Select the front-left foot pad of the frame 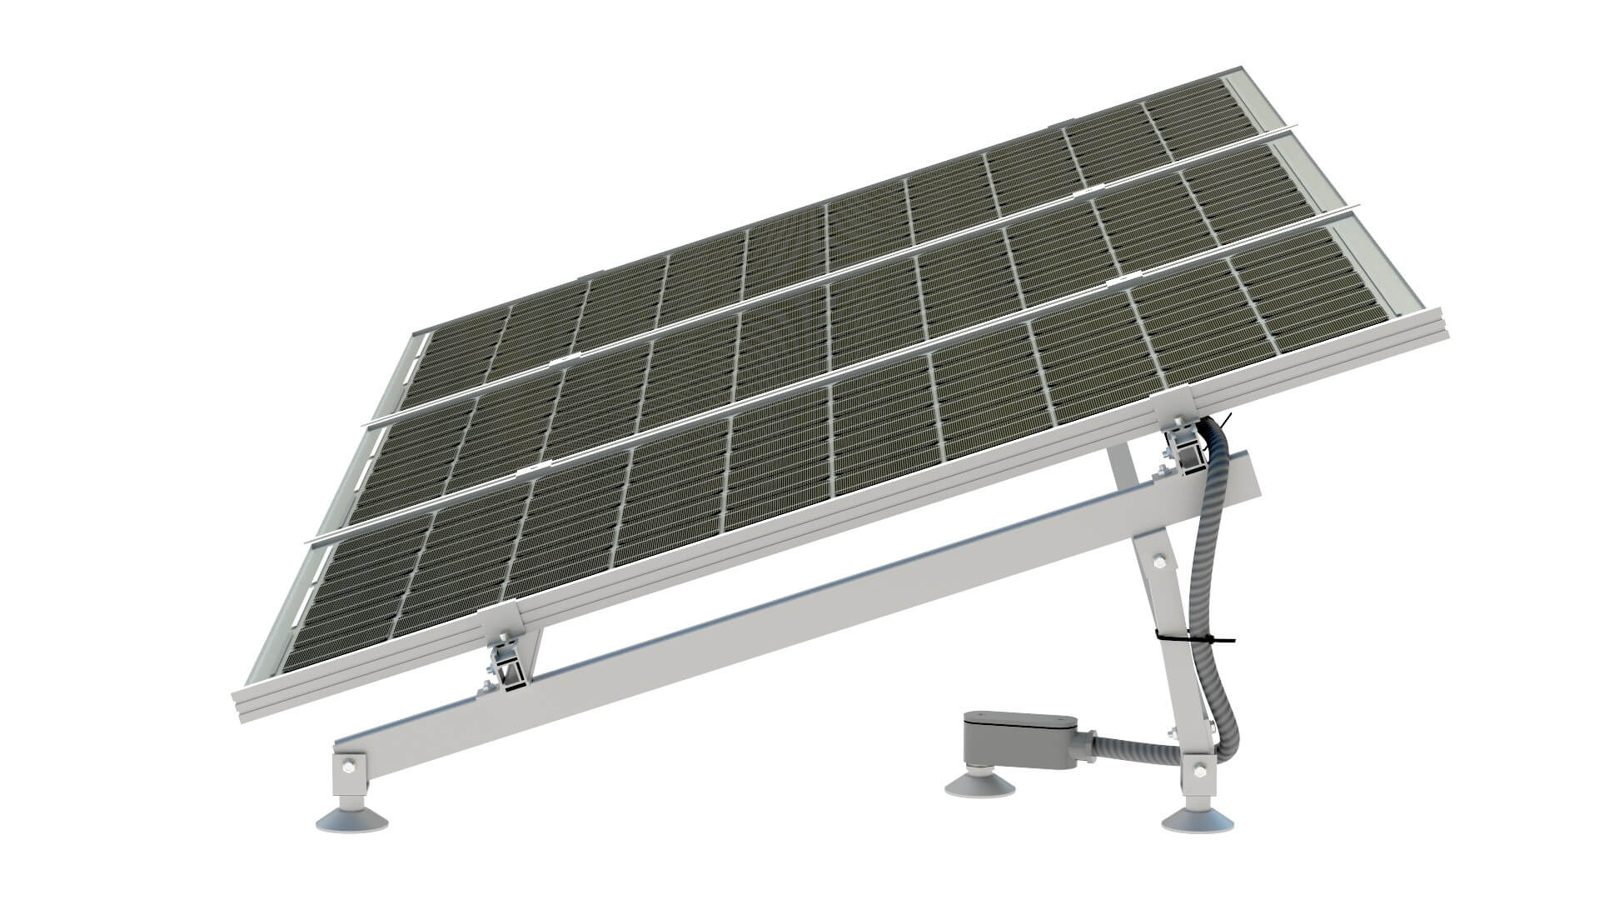[351, 820]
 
